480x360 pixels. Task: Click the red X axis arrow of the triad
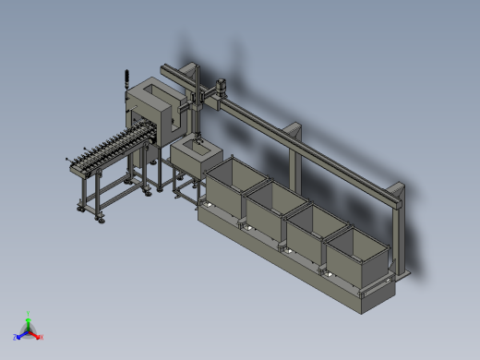38,336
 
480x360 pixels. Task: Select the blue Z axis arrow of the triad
18,336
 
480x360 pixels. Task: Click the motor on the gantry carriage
221,89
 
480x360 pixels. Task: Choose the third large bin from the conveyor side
313,230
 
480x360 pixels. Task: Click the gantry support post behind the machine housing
194,78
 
